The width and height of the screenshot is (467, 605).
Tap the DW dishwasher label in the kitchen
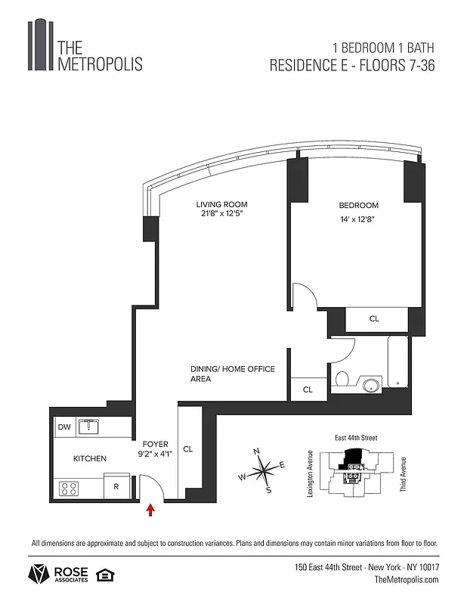(x=64, y=427)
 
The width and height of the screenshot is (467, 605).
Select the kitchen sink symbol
(x=91, y=427)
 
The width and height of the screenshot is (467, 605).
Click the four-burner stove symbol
(x=69, y=489)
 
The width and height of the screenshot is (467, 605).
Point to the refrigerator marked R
(x=116, y=487)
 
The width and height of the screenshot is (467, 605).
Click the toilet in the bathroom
(x=341, y=380)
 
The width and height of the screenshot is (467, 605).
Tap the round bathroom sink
(x=371, y=386)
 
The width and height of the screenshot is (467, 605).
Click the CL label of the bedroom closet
(x=374, y=319)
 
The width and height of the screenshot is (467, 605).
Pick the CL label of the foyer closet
(x=188, y=448)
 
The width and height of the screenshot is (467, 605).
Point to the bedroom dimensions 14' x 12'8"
(x=359, y=219)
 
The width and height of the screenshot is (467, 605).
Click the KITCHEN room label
(x=89, y=458)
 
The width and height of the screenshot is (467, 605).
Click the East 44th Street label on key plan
(x=355, y=438)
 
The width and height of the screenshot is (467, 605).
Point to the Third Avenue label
(x=404, y=474)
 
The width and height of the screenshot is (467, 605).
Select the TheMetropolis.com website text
(x=407, y=579)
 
